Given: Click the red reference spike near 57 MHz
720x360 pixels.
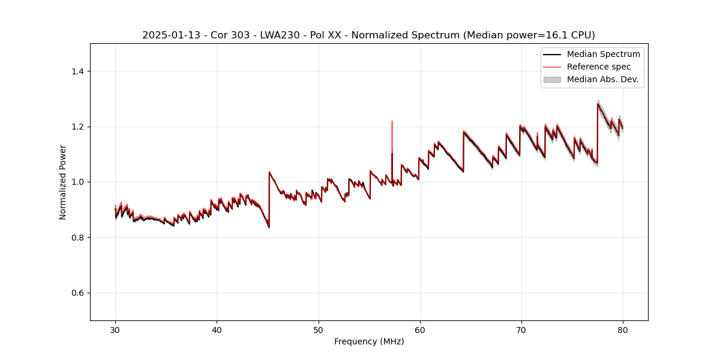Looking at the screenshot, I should (392, 122).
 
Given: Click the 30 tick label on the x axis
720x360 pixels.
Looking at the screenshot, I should (115, 330).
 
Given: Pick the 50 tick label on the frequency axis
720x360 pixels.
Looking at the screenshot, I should (319, 330).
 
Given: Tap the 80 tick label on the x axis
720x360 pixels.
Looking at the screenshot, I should (623, 330).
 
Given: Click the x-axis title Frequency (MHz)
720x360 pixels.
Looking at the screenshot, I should (369, 342).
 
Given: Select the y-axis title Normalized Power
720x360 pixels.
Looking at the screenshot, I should (63, 182).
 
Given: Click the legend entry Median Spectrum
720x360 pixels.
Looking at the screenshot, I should (603, 54).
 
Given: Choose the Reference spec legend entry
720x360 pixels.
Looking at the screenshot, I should (599, 67).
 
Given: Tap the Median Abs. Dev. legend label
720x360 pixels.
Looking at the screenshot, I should (602, 79).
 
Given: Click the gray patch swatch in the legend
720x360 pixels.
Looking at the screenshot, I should (552, 79).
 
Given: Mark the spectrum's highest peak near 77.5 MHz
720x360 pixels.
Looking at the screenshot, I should (598, 104).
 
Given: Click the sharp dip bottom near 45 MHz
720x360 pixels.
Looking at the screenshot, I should (269, 227).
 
